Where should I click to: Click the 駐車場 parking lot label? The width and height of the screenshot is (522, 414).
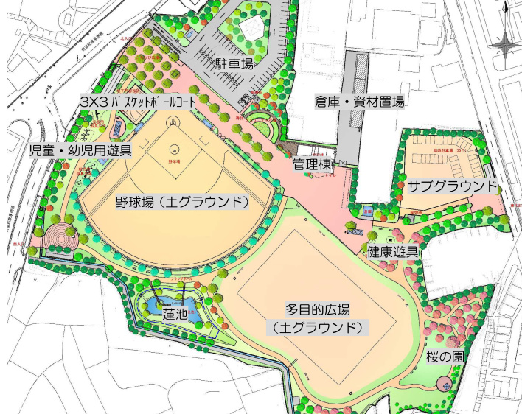(234, 64)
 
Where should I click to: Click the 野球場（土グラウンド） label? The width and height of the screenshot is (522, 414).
(181, 201)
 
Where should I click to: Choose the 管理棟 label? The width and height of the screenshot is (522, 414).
(312, 163)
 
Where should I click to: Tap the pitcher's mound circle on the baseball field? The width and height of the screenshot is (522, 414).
(175, 147)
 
